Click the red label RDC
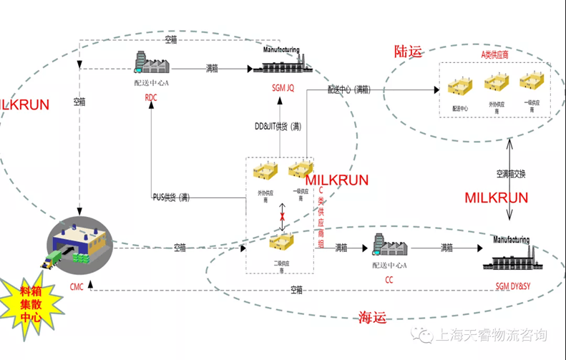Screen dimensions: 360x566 coord(151,98)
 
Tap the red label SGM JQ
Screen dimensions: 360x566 coord(283,89)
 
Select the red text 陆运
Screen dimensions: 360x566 coord(409,52)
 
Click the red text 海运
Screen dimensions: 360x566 coord(372,317)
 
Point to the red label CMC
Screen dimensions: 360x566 coord(77,286)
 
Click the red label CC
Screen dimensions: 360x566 coord(389,281)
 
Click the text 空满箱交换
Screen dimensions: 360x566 coord(511,174)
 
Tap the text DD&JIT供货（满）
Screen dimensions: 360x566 coord(279,126)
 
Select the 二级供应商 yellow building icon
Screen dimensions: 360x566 coord(281,243)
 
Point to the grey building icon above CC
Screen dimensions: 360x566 coord(389,246)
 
